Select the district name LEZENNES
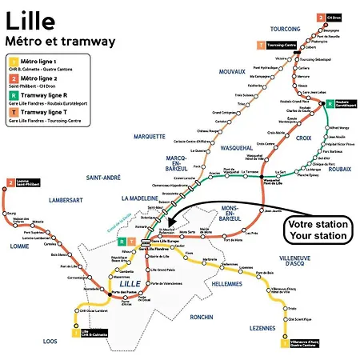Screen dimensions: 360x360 tap(263, 328)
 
